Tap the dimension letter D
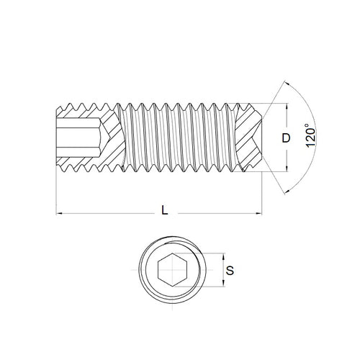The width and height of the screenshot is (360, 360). coord(287,137)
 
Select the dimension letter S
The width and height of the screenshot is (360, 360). coord(229,271)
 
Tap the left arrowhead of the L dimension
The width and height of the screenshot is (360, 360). coord(58,214)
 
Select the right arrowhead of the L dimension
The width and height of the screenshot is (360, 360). coord(258,214)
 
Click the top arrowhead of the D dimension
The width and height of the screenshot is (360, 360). coord(287,107)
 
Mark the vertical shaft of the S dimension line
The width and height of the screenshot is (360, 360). coord(223,271)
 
